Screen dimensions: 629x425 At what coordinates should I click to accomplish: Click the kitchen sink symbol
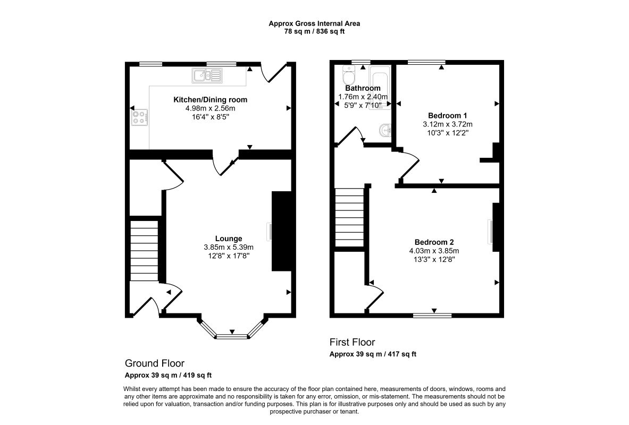[207, 75]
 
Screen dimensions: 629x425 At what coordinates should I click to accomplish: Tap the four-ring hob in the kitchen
[139, 117]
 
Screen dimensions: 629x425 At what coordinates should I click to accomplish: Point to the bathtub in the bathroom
[380, 87]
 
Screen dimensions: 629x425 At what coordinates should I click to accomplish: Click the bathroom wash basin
[385, 130]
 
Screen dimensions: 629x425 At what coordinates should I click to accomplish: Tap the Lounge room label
[229, 239]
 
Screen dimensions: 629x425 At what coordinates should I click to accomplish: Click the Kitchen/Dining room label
[210, 99]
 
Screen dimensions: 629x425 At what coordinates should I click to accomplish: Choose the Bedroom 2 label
[434, 242]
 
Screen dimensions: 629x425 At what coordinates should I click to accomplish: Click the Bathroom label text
[363, 88]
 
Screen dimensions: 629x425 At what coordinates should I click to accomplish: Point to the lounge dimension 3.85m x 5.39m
[229, 248]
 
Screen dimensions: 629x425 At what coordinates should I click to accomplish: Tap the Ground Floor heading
[154, 363]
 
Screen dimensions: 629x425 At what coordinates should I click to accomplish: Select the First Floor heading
[352, 342]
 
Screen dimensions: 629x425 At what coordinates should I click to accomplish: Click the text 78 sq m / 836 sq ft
[314, 31]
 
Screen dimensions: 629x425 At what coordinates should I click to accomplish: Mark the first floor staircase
[349, 217]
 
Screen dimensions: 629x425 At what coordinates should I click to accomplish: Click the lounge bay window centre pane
[232, 336]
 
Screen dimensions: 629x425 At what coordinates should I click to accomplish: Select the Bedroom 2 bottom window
[432, 316]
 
